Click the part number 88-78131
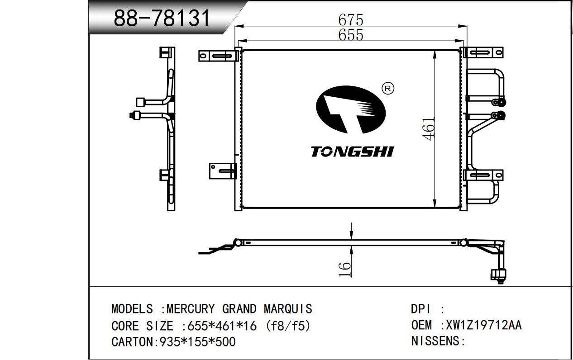click(x=162, y=18)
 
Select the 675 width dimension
click(x=351, y=19)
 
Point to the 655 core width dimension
click(x=351, y=34)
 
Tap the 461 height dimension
click(x=429, y=129)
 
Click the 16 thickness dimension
click(x=344, y=270)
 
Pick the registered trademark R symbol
click(x=388, y=89)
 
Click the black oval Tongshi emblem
click(x=351, y=110)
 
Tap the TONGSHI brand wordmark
click(x=352, y=152)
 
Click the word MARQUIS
click(x=288, y=309)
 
